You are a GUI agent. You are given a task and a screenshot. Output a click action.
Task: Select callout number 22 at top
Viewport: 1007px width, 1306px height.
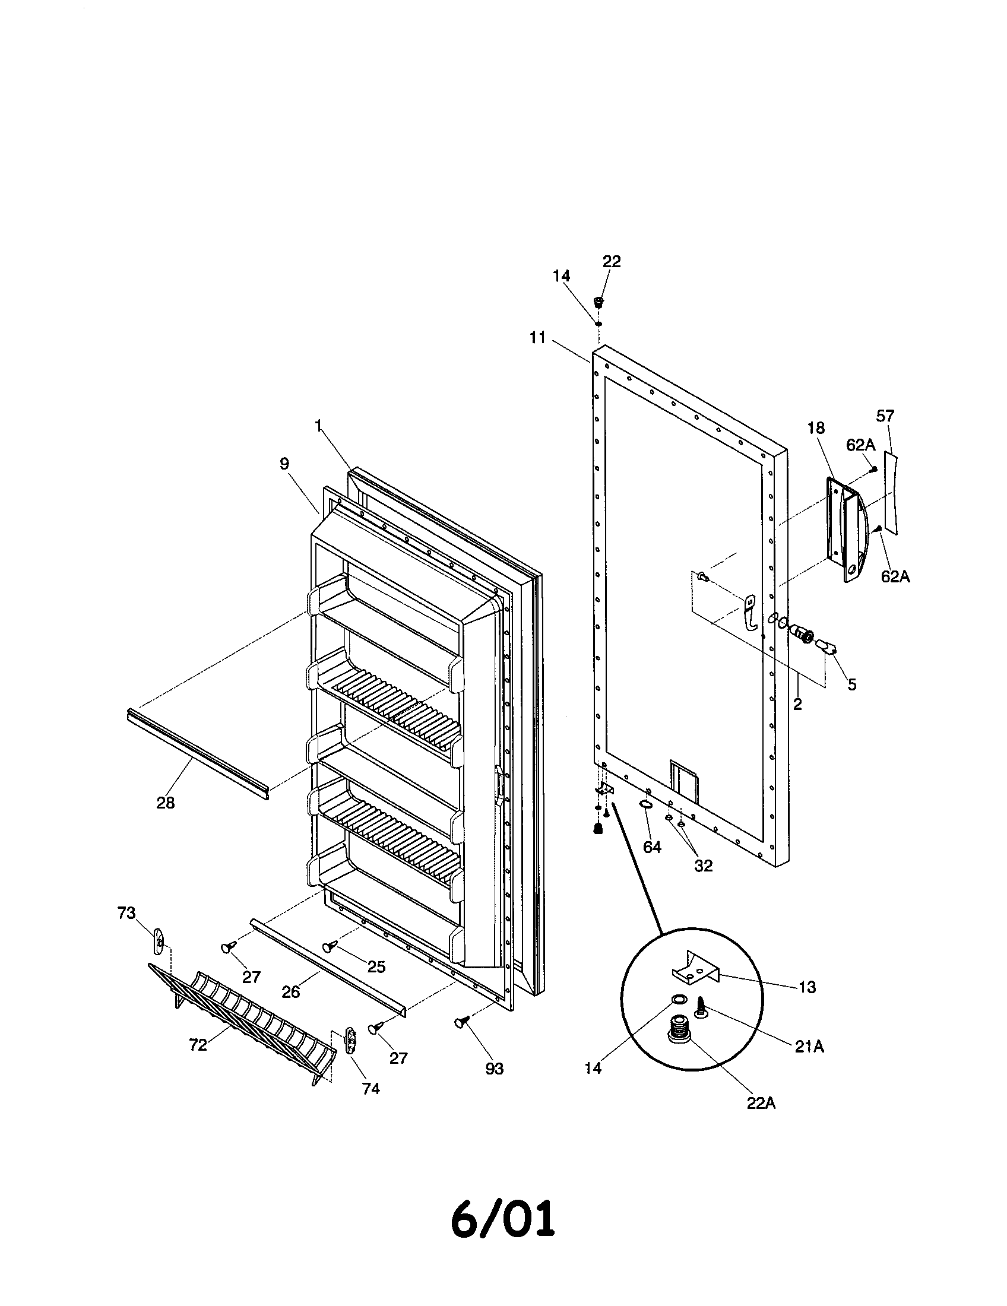[611, 261]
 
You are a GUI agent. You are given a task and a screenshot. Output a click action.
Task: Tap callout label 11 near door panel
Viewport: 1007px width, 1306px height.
[537, 338]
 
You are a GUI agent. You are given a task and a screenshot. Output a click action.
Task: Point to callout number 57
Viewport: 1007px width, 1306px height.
[885, 416]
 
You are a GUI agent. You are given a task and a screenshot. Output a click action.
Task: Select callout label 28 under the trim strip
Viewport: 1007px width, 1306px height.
[166, 803]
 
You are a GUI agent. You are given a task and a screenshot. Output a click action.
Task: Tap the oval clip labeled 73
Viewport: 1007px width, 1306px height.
[159, 943]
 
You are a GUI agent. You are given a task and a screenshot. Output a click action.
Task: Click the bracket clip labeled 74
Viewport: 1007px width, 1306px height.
[351, 1041]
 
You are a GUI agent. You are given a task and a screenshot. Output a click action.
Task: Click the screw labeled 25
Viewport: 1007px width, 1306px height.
[330, 947]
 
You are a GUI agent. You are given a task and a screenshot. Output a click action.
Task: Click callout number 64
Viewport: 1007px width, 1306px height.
[652, 847]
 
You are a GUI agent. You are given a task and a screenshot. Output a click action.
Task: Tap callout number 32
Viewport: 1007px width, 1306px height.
[703, 866]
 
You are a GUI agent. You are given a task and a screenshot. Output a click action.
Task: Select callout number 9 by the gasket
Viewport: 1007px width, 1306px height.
[284, 464]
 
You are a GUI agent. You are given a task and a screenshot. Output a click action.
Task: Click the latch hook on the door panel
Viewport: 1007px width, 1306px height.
[750, 611]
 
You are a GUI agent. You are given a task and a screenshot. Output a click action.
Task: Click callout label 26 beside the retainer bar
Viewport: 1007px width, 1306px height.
[290, 992]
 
